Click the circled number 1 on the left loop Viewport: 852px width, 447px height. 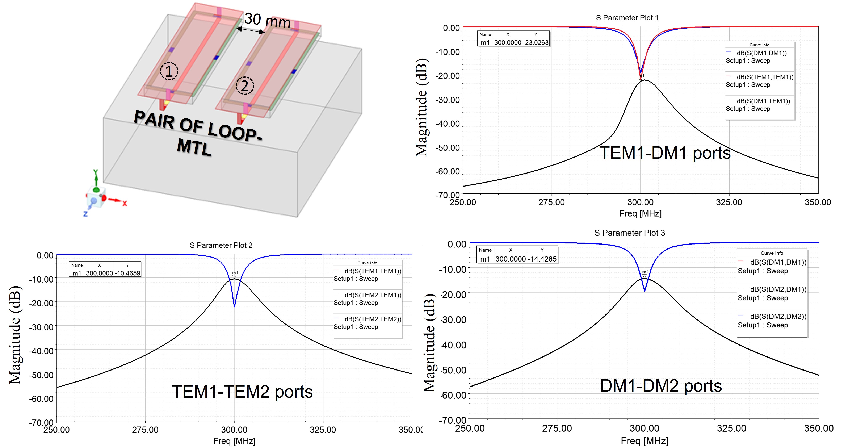169,71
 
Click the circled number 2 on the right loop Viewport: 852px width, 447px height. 244,86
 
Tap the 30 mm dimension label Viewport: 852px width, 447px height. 267,21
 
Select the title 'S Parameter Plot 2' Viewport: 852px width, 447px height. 221,245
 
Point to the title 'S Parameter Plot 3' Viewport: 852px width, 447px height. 629,233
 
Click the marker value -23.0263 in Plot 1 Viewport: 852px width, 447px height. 536,42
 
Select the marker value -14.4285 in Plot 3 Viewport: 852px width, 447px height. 542,259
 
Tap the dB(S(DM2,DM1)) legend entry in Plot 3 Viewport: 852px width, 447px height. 778,289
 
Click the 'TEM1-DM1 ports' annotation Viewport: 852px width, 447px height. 665,153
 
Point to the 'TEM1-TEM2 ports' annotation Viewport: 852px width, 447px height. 242,392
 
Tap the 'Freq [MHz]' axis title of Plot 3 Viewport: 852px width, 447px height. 644,441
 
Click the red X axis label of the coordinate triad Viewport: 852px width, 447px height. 125,204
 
